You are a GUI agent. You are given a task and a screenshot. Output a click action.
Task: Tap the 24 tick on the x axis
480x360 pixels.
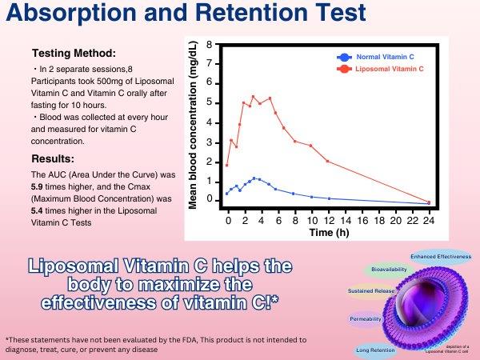click(x=429, y=219)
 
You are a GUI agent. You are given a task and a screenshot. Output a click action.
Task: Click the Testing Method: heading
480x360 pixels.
click(x=73, y=54)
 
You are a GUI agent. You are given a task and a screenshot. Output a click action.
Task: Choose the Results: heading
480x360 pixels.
click(x=55, y=158)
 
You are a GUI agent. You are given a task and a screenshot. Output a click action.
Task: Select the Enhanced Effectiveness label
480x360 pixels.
click(x=441, y=257)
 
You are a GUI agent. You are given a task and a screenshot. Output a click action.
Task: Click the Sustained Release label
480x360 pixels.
click(x=369, y=290)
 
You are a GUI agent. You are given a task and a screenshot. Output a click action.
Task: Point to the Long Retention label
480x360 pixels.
click(x=374, y=349)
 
